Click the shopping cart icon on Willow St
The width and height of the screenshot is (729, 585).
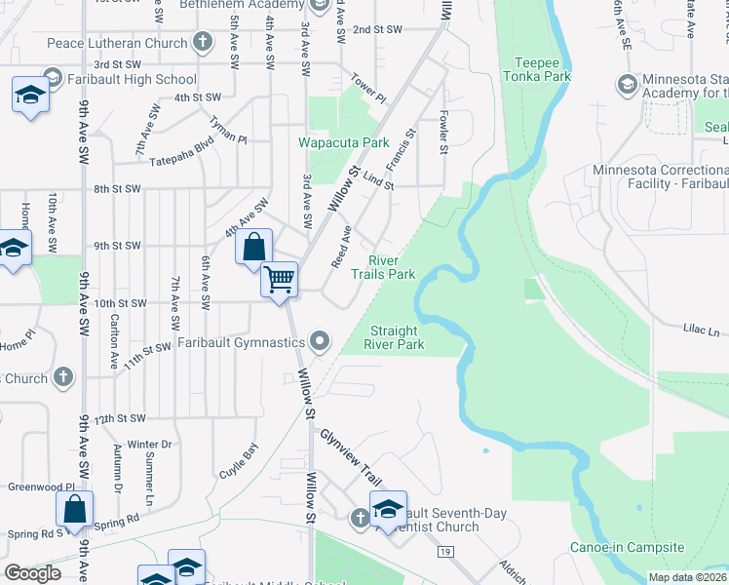click(280, 280)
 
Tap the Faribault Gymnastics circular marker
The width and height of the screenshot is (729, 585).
click(320, 341)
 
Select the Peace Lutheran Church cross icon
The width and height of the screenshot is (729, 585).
click(202, 42)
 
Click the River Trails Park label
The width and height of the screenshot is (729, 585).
click(391, 268)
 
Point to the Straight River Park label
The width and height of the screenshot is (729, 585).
click(394, 337)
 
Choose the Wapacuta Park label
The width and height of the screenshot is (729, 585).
click(344, 142)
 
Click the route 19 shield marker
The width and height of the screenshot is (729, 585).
click(446, 552)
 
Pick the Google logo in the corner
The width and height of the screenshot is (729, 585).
click(32, 573)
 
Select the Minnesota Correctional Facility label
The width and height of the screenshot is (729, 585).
click(661, 177)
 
